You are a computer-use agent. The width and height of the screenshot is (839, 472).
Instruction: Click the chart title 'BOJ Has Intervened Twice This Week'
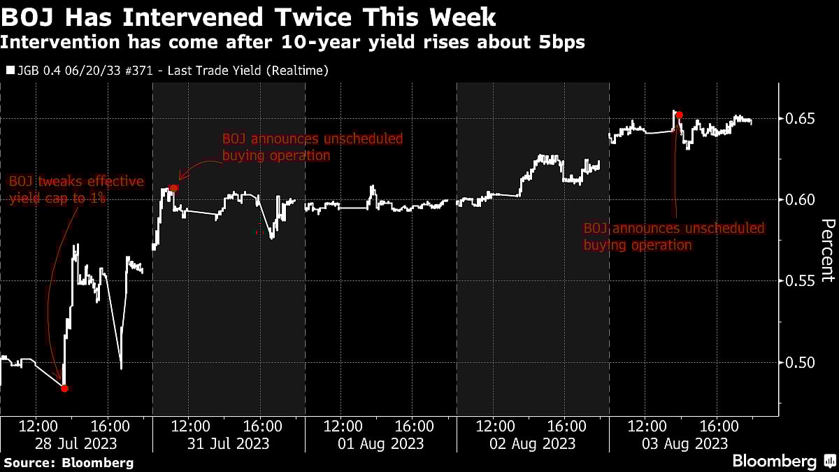(x=248, y=16)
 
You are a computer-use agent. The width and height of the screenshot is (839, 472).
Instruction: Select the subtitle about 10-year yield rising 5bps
(x=292, y=43)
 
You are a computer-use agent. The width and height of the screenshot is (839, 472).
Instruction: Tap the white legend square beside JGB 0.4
(x=9, y=71)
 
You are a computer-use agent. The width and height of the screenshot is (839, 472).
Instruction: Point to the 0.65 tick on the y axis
(x=799, y=119)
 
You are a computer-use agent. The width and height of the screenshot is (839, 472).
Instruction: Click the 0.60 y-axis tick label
(x=799, y=200)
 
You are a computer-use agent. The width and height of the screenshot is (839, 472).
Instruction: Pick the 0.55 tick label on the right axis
(x=799, y=281)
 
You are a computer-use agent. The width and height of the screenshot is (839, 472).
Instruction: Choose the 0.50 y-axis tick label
(x=799, y=362)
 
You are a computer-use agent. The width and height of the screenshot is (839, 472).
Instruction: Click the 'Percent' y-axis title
(x=827, y=250)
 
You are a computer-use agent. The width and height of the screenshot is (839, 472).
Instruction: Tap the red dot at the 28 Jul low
(x=64, y=388)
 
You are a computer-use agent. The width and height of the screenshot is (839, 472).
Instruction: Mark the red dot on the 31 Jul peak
(x=174, y=187)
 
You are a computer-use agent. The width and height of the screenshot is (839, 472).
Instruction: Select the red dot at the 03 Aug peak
(x=679, y=115)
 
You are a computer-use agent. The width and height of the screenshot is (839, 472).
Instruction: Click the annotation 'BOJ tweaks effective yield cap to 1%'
(x=76, y=190)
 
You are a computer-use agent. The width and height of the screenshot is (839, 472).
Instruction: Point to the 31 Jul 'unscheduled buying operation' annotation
(x=312, y=147)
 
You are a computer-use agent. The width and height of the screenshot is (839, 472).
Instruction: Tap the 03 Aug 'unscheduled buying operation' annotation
(x=674, y=236)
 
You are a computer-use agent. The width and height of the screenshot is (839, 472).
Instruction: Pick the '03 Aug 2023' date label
(x=684, y=443)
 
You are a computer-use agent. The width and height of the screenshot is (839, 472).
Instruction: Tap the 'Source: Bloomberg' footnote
(x=68, y=462)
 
